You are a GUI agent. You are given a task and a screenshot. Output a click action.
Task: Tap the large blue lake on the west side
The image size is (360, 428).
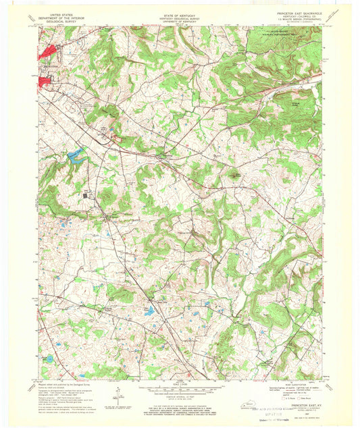point(75,157)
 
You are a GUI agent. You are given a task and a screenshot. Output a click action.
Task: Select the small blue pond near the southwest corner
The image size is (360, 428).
point(49,358)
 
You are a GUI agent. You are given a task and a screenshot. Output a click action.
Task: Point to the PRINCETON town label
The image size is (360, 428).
point(50,68)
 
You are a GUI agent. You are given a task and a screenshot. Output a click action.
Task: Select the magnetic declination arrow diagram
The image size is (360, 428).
point(119,394)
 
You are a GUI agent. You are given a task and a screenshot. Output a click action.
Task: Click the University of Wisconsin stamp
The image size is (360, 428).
point(282,418)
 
